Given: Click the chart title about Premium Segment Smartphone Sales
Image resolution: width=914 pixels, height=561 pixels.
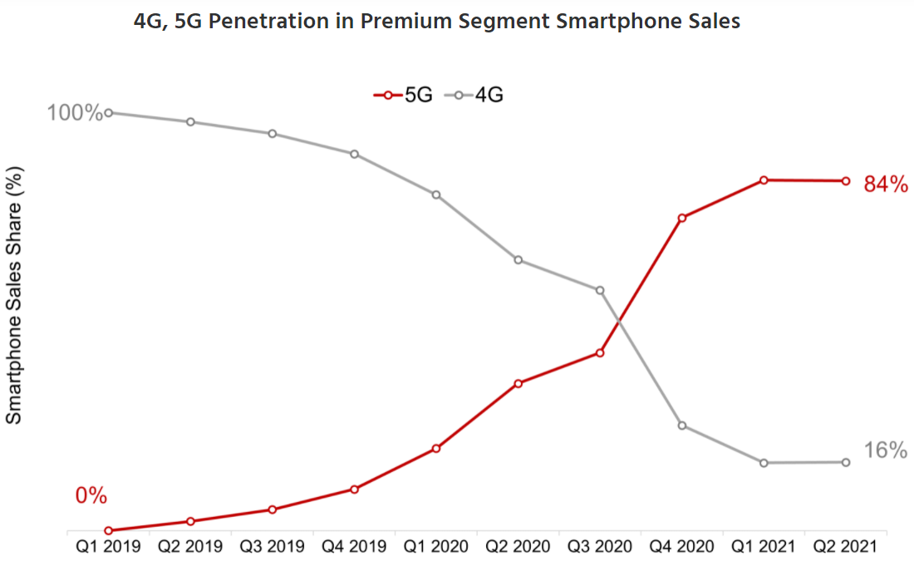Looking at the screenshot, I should [x=436, y=22].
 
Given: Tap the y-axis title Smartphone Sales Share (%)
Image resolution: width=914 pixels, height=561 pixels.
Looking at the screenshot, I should [x=14, y=295].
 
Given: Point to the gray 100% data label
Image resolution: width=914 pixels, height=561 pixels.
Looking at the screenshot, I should [x=75, y=112].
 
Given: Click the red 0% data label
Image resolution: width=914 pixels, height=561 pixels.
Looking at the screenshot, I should [x=91, y=496].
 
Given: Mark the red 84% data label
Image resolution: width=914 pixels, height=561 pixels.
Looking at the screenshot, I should [x=886, y=185].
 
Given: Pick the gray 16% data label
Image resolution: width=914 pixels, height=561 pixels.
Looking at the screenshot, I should [x=886, y=450].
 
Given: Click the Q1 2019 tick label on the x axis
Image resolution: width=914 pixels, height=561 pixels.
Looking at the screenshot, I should [x=109, y=547].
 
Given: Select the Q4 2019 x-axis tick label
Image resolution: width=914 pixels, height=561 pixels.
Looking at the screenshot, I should [x=355, y=547].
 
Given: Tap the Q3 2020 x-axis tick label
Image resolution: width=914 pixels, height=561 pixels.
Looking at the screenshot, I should [x=600, y=547].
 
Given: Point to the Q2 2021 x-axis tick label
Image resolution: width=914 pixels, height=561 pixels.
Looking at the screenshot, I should [x=846, y=547].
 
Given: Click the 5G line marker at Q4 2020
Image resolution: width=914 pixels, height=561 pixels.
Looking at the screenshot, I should [x=681, y=218].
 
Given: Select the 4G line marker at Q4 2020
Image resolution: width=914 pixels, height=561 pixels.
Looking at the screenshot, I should [x=681, y=426].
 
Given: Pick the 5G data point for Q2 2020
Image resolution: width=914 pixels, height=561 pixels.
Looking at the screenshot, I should [x=518, y=383].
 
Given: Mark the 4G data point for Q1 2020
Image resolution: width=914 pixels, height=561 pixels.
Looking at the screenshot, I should [x=436, y=194].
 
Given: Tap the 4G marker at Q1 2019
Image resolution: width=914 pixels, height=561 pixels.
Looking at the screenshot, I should [x=109, y=112].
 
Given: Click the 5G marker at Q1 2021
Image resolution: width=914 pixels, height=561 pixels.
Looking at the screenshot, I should [x=764, y=180].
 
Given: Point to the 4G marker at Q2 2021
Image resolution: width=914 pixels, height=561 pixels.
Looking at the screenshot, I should [x=846, y=462].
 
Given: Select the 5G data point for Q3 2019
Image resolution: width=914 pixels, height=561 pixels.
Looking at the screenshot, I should [x=273, y=509].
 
